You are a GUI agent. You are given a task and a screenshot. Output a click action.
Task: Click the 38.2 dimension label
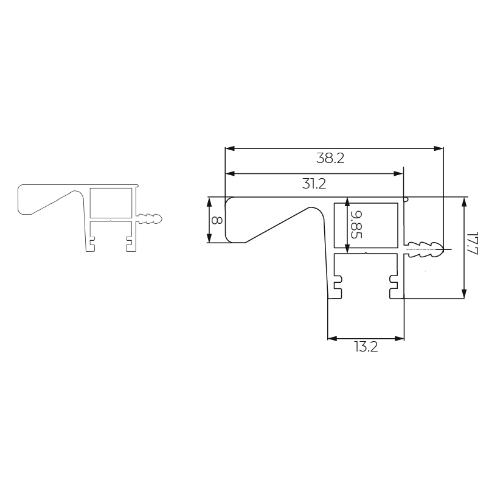point(330,159)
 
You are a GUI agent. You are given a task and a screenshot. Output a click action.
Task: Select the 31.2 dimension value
point(314,184)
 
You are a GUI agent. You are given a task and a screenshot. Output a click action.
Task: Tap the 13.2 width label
point(366,347)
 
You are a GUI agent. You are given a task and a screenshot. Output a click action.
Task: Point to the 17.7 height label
point(473,243)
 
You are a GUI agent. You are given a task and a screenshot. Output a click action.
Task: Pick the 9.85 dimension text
point(356,224)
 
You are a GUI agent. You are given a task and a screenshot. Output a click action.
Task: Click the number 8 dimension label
point(217,220)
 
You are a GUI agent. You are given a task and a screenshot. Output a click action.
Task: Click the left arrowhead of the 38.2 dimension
point(230,148)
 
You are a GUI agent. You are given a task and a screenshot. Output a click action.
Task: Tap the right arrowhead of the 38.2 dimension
point(439,148)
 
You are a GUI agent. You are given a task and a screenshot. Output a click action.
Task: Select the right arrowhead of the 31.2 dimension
point(398,173)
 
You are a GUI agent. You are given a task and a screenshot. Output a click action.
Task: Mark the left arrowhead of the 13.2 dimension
point(333,338)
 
